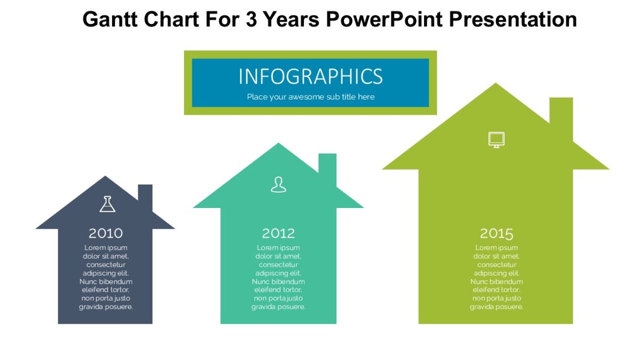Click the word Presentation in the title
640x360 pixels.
(513, 20)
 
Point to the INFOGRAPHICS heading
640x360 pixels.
(310, 77)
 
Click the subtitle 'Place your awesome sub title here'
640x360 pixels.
(310, 97)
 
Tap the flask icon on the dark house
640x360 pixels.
(107, 204)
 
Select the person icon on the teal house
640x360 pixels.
(278, 185)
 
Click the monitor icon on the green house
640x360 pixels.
(496, 140)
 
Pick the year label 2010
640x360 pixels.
(106, 233)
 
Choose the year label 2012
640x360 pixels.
(278, 233)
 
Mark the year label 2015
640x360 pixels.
(497, 233)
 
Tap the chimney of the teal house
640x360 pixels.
(327, 164)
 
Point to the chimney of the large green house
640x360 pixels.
(561, 115)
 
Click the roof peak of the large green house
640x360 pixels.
(496, 88)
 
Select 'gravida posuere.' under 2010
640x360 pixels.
(106, 307)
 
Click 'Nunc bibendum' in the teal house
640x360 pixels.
(278, 282)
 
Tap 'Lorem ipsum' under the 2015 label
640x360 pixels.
(497, 247)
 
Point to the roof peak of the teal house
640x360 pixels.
(278, 147)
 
